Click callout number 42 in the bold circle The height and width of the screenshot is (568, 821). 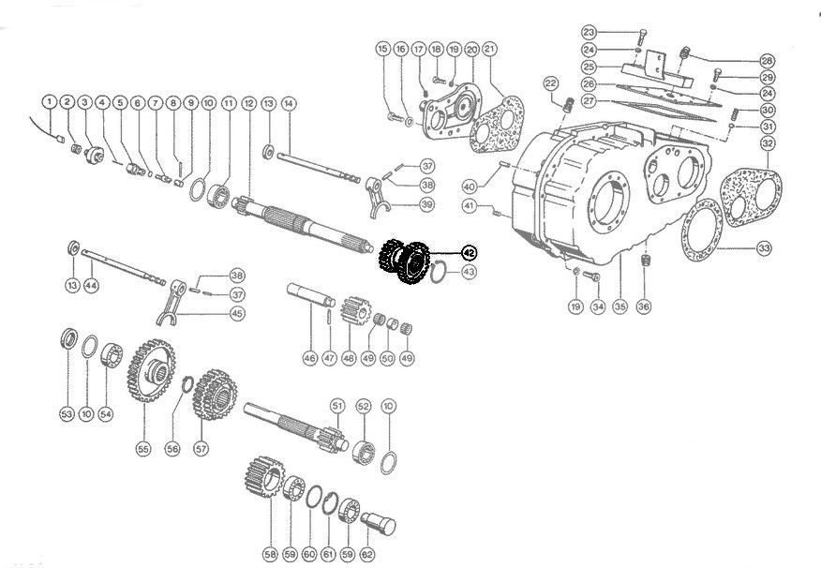point(468,250)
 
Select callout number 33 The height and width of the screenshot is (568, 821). point(765,248)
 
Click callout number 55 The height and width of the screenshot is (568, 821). point(143,448)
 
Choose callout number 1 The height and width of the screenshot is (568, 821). point(48,101)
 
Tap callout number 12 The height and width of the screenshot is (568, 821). point(248,101)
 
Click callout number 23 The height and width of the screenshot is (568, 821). point(640,31)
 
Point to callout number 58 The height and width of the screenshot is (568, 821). point(271,553)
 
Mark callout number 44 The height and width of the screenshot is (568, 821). point(91,284)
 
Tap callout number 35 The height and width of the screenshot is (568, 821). point(619,306)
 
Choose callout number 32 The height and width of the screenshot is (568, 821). point(768,143)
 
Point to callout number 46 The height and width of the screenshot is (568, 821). point(309,357)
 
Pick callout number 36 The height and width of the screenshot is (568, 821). point(643,306)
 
